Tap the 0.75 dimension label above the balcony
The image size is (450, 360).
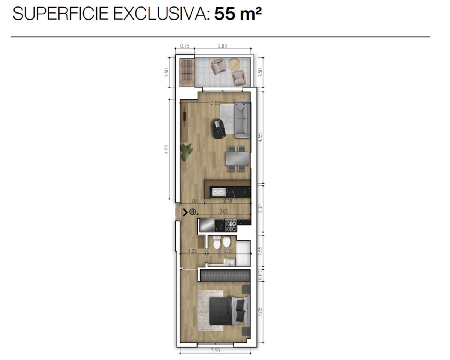(185, 46)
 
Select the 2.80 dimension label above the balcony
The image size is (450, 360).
(222, 46)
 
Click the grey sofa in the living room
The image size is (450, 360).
(243, 119)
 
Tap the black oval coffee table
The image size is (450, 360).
(219, 128)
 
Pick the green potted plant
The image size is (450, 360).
(187, 152)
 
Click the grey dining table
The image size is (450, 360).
(237, 159)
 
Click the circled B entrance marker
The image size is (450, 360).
(193, 212)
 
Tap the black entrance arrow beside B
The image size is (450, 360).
(185, 212)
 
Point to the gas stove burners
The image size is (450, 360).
(231, 225)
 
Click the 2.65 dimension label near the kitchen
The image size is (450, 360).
(224, 212)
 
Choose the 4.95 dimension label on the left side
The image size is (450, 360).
(166, 149)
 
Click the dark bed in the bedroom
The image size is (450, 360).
(229, 311)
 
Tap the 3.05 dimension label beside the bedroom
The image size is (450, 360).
(261, 312)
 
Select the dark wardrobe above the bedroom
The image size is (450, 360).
(225, 275)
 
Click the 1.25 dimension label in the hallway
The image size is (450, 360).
(193, 251)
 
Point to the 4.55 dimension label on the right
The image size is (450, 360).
(261, 138)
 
